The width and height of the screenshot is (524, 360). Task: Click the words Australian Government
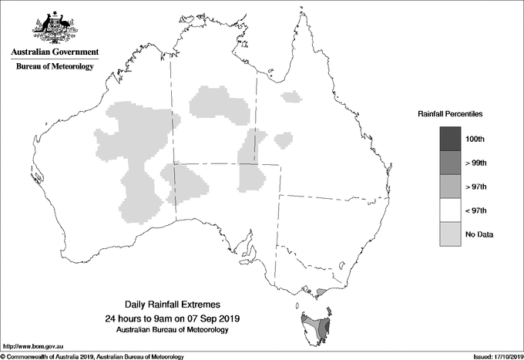click(55, 52)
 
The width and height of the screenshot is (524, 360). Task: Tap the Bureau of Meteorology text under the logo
click(55, 67)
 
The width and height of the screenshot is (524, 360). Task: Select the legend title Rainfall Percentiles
click(451, 113)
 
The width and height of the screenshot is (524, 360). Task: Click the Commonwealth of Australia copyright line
click(92, 355)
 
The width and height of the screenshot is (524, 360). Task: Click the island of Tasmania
click(316, 328)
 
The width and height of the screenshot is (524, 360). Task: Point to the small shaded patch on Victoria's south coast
click(321, 291)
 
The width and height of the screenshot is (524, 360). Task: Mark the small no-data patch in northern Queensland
click(291, 96)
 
